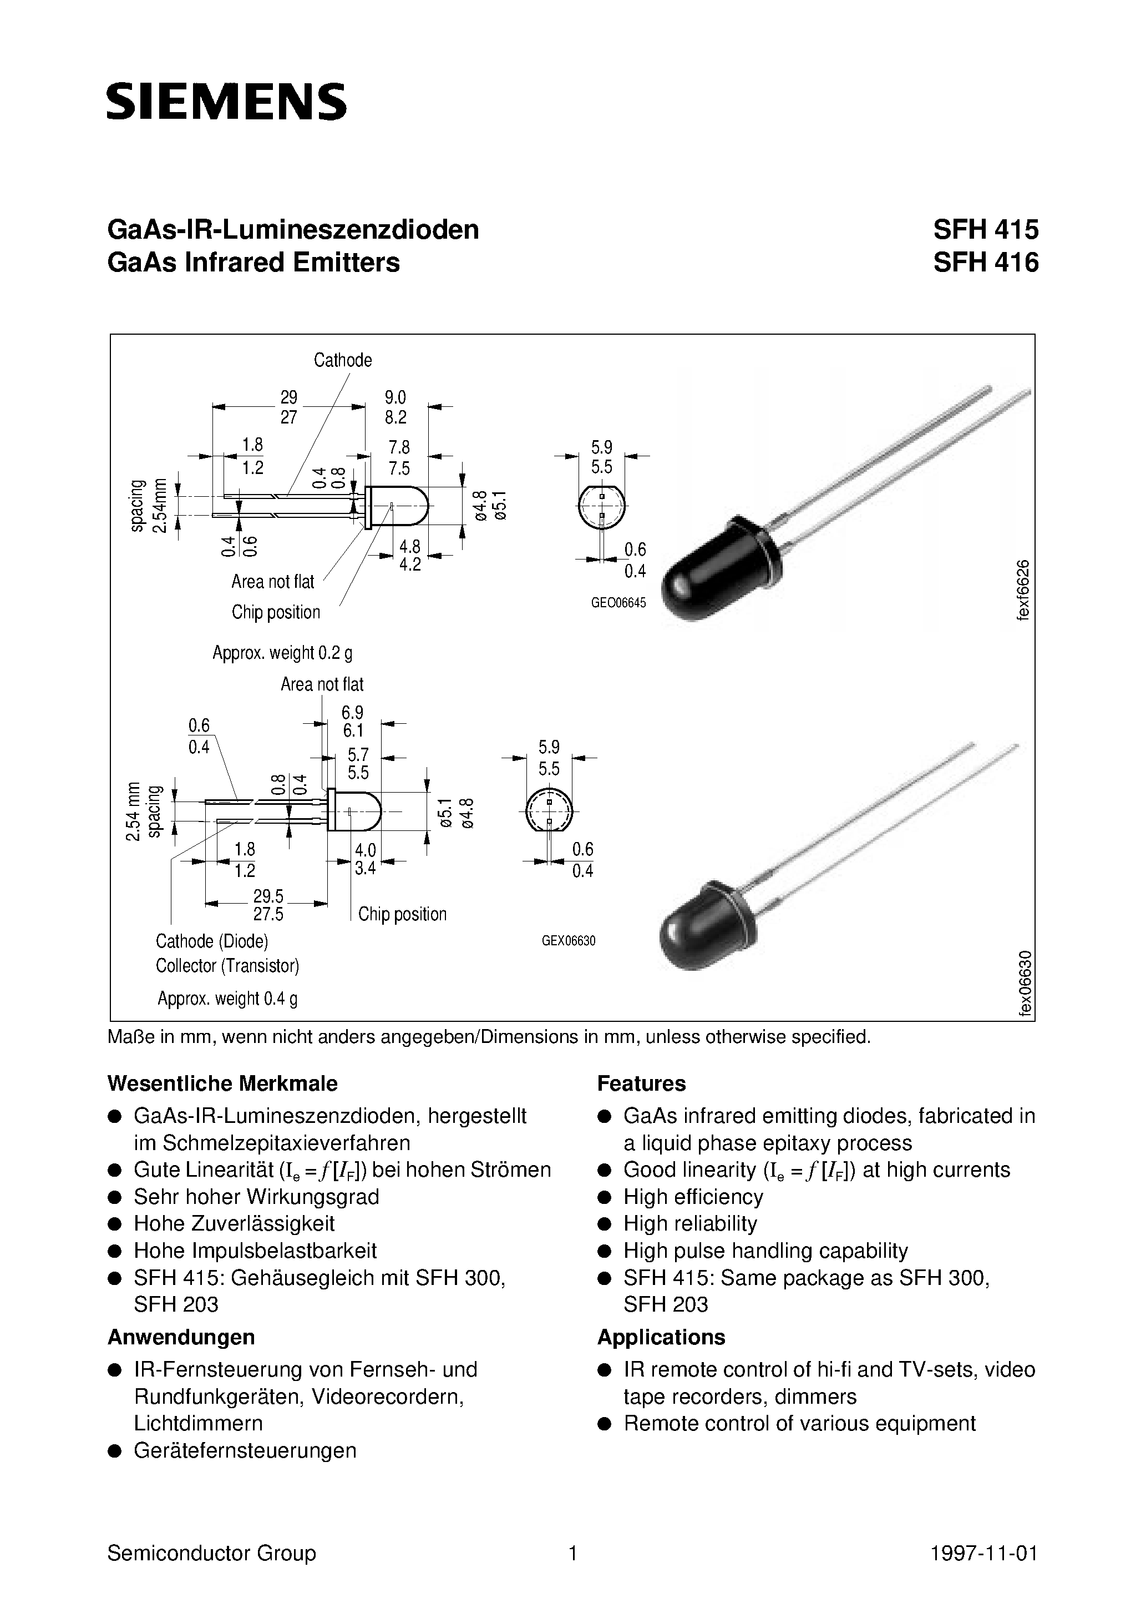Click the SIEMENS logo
click(x=227, y=100)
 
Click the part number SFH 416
click(x=986, y=262)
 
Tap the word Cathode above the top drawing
click(x=343, y=360)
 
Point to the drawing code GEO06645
click(x=618, y=603)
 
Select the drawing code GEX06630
click(x=569, y=941)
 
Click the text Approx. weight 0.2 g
click(x=282, y=652)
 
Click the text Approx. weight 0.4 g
click(x=227, y=998)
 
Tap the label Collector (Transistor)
click(x=227, y=966)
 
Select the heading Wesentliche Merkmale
click(x=222, y=1083)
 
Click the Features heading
click(x=642, y=1083)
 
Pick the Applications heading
click(x=661, y=1337)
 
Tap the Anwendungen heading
click(x=181, y=1337)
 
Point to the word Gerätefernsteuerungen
click(x=245, y=1450)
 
